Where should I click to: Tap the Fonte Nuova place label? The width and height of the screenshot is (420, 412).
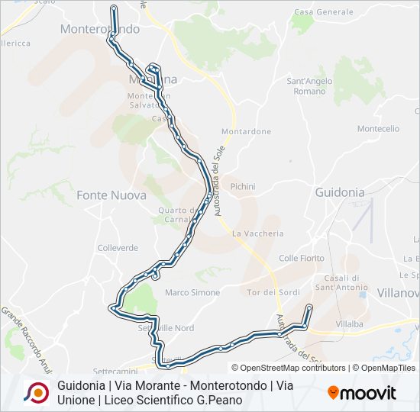pyautogui.click(x=111, y=195)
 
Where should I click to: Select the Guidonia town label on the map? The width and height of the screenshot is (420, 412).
pyautogui.click(x=340, y=193)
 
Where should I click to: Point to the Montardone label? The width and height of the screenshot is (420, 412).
pyautogui.click(x=246, y=132)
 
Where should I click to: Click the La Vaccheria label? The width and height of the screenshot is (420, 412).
pyautogui.click(x=258, y=233)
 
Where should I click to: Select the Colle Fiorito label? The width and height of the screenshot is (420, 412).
pyautogui.click(x=302, y=259)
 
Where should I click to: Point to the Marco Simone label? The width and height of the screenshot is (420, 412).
pyautogui.click(x=192, y=292)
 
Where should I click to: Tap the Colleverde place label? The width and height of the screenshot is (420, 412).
pyautogui.click(x=118, y=248)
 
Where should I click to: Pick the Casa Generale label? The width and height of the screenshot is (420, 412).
pyautogui.click(x=323, y=12)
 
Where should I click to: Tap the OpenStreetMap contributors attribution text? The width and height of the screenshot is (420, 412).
pyautogui.click(x=291, y=368)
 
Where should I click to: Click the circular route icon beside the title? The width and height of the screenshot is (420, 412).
pyautogui.click(x=36, y=392)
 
